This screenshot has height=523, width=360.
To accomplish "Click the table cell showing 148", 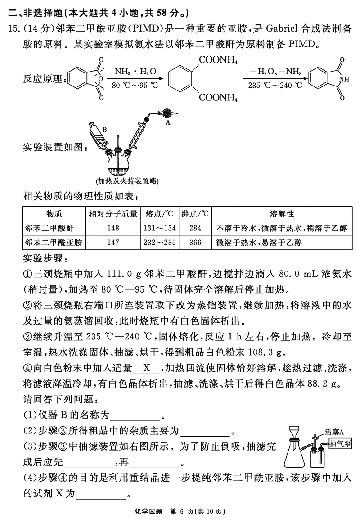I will (113, 228).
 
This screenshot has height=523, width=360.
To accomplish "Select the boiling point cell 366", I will (195, 243).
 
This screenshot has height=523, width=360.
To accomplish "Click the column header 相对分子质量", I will (113, 214).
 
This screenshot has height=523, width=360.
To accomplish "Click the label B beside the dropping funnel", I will (104, 130).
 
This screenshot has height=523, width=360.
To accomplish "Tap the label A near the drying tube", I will (168, 122).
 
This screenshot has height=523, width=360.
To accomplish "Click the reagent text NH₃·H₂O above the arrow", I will (135, 72).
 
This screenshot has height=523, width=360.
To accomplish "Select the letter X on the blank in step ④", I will (146, 368).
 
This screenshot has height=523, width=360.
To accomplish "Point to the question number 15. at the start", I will (13, 29).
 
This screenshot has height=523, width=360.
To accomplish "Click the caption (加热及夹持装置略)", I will (127, 181).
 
